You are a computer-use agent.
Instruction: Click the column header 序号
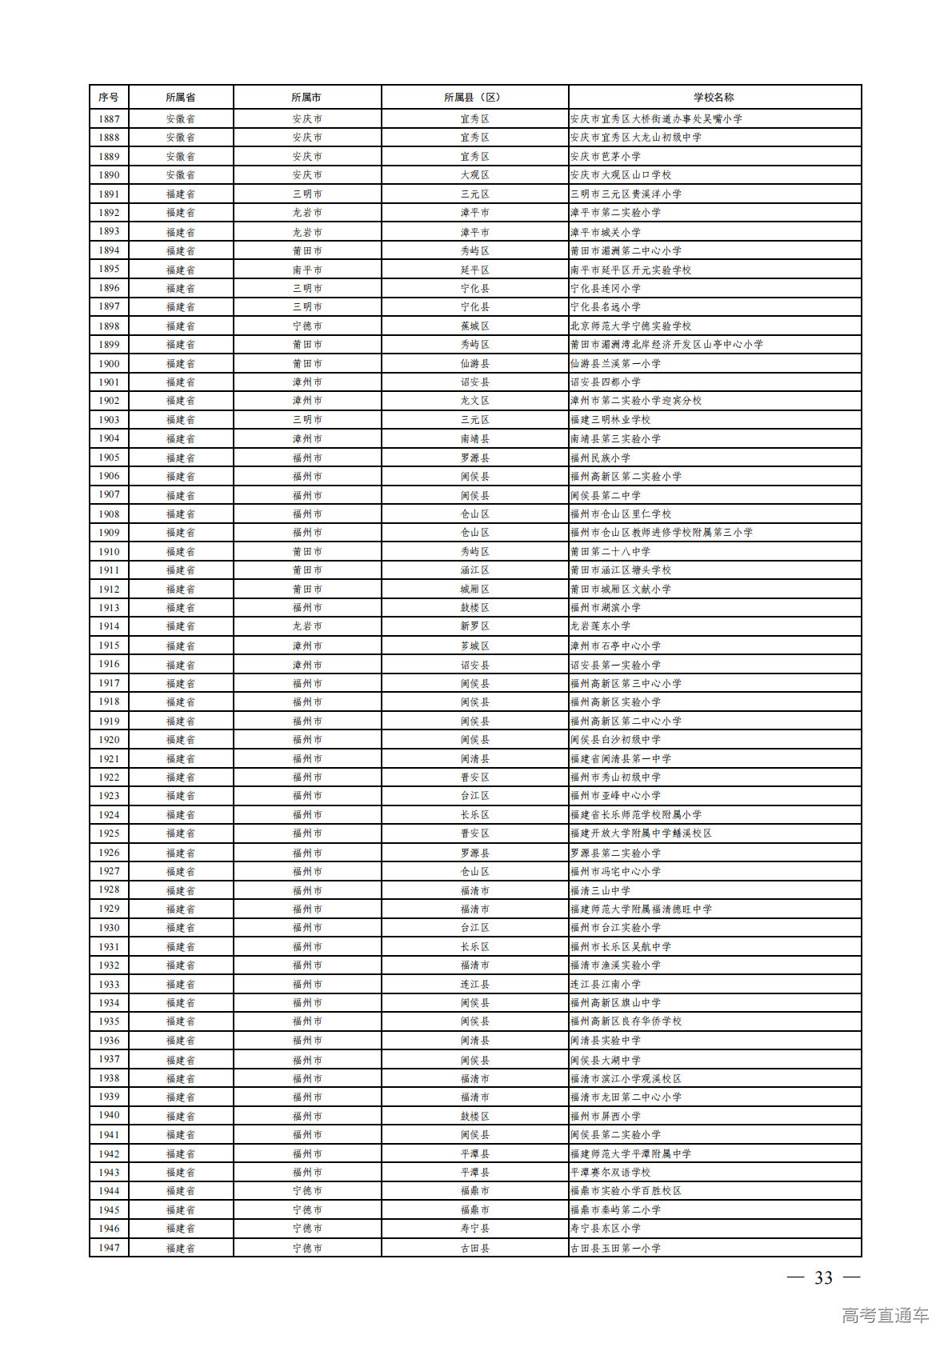pyautogui.click(x=109, y=98)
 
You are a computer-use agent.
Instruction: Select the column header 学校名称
pyautogui.click(x=714, y=98)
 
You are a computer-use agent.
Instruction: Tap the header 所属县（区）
pyautogui.click(x=474, y=98)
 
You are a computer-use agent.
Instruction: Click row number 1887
pyautogui.click(x=109, y=118)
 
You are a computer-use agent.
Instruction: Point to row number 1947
pyautogui.click(x=109, y=1248)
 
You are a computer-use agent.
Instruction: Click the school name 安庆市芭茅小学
pyautogui.click(x=606, y=157)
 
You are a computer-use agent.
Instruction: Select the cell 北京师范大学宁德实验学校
pyautogui.click(x=631, y=326)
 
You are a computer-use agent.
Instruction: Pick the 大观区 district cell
pyautogui.click(x=474, y=175)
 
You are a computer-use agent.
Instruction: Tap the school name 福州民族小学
pyautogui.click(x=601, y=458)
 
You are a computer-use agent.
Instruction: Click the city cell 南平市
pyautogui.click(x=307, y=270)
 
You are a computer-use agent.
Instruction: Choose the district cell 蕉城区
pyautogui.click(x=474, y=326)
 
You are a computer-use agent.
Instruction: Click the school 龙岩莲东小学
pyautogui.click(x=601, y=626)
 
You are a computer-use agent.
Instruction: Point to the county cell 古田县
pyautogui.click(x=474, y=1248)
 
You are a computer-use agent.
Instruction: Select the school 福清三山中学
pyautogui.click(x=601, y=890)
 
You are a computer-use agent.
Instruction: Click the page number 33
pyautogui.click(x=823, y=1278)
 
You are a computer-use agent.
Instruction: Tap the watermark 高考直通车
pyautogui.click(x=885, y=1315)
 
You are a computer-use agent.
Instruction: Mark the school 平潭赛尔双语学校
pyautogui.click(x=610, y=1173)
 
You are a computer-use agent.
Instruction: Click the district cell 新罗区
pyautogui.click(x=474, y=626)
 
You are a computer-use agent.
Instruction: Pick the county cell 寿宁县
pyautogui.click(x=474, y=1229)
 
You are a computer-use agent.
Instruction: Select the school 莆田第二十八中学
pyautogui.click(x=610, y=552)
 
